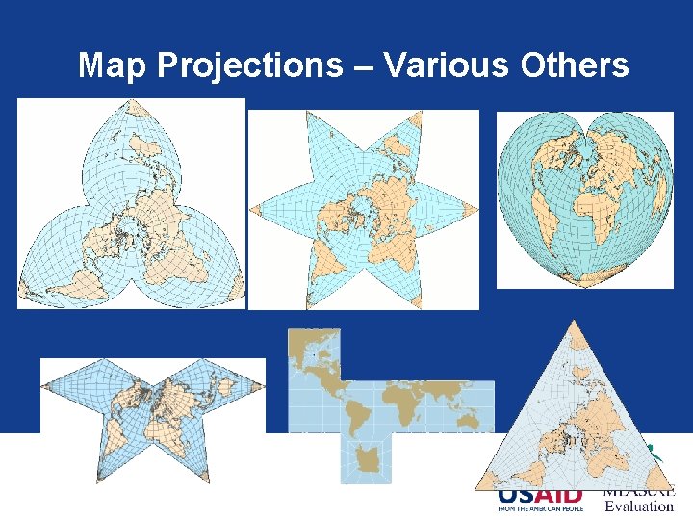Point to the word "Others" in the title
click(574, 65)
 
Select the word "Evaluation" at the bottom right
click(639, 507)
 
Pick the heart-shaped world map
click(585, 197)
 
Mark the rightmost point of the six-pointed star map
click(475, 208)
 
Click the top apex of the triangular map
click(575, 325)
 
